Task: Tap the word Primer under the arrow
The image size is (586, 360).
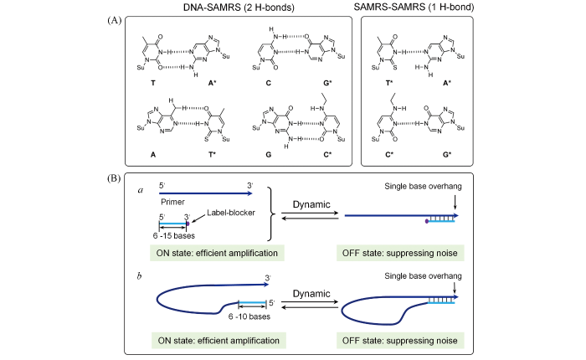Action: click(x=172, y=201)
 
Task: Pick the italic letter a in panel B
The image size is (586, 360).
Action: click(x=141, y=189)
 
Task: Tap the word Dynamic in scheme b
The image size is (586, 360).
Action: click(x=311, y=293)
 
